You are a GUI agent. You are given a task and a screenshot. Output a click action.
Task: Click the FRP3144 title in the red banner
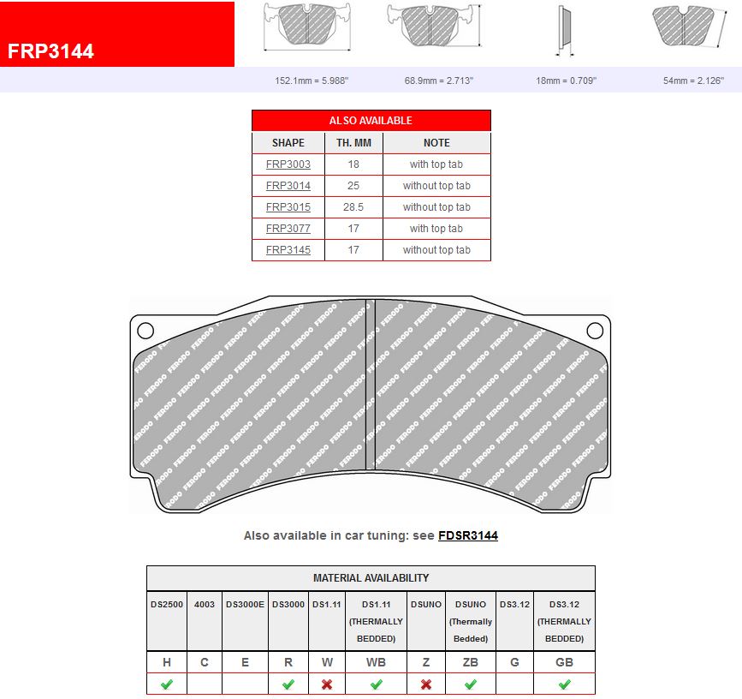(51, 51)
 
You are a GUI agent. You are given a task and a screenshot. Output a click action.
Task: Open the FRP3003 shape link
(288, 164)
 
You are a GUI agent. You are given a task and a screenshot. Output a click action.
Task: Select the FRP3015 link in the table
(288, 207)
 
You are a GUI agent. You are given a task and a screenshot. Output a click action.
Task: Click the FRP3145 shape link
(288, 250)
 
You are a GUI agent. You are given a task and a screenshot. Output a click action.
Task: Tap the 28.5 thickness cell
(353, 207)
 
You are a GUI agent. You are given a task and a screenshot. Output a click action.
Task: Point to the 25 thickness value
(353, 186)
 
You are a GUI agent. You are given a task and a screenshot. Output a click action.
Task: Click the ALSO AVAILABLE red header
(371, 121)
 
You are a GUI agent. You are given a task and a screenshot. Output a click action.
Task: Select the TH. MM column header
(353, 143)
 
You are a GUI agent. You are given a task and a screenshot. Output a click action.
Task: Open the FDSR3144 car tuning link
(468, 535)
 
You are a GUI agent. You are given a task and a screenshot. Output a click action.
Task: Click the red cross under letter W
(326, 684)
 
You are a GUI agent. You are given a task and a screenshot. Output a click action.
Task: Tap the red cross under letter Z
(426, 684)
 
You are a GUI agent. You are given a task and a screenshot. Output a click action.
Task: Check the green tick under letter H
(166, 684)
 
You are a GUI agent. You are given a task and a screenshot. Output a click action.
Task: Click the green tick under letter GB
(564, 684)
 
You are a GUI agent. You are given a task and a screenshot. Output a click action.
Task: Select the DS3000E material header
(245, 605)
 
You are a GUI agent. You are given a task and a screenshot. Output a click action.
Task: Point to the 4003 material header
(204, 605)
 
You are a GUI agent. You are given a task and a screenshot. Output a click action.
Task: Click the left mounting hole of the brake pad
(145, 331)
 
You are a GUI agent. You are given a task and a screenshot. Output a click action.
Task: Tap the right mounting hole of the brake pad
(595, 331)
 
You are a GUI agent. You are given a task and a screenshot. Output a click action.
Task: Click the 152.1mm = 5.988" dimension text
(312, 81)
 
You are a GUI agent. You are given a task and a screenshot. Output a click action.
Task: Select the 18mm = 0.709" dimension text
(566, 81)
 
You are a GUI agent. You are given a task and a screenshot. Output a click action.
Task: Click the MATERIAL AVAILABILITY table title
(371, 578)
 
